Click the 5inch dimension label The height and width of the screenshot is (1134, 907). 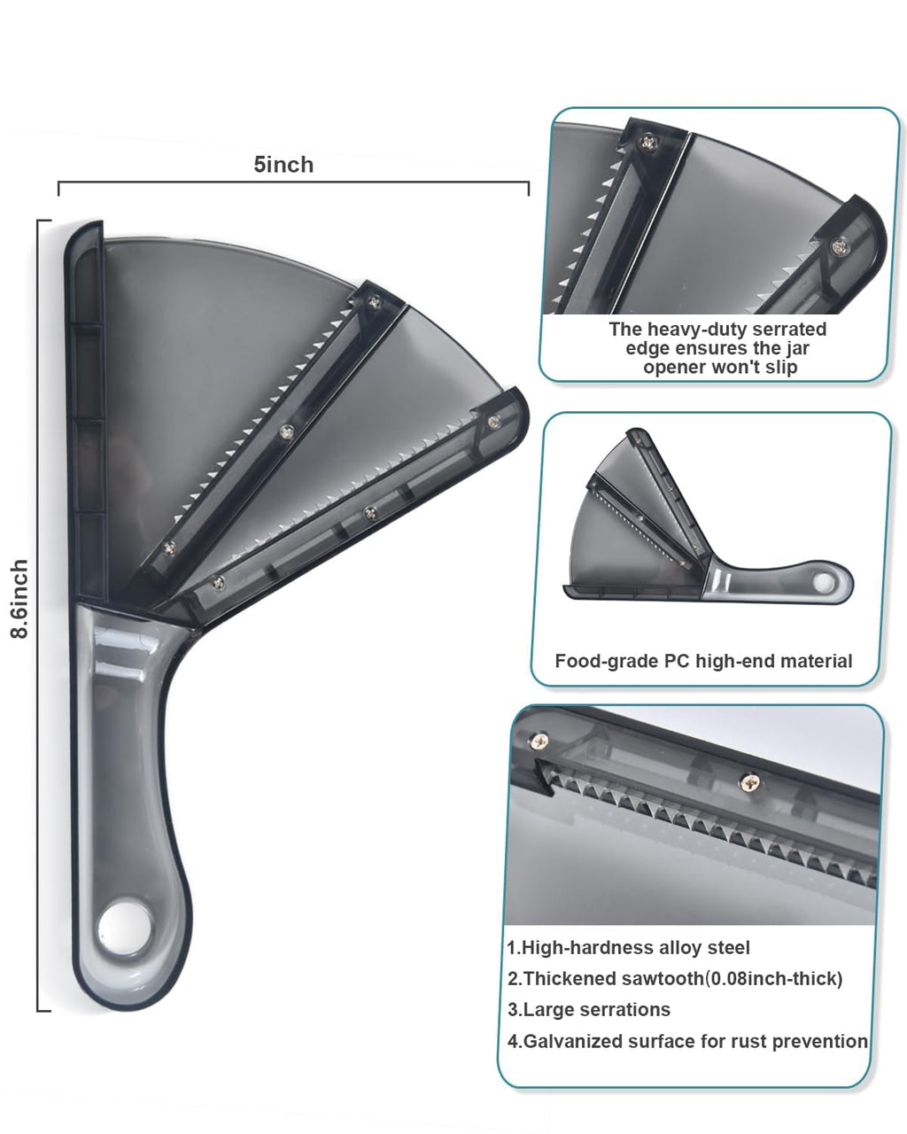coord(283,165)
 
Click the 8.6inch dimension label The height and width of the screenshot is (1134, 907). coord(19,599)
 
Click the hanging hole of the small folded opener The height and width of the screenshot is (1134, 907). coord(824,583)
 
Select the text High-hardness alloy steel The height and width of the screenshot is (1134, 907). coord(628,948)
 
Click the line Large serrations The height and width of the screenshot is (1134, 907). coord(589,1010)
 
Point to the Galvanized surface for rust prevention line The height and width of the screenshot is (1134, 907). coord(687,1041)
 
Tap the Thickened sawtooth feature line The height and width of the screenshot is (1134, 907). coord(675,979)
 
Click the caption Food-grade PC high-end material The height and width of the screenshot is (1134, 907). coord(703,661)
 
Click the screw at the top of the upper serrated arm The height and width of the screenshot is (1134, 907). coord(374,302)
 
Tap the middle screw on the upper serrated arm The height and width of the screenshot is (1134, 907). coord(287,432)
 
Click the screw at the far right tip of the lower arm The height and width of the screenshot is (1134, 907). coord(494,422)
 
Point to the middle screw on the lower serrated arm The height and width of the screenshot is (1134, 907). coord(371,512)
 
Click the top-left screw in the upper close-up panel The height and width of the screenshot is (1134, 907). coord(648,142)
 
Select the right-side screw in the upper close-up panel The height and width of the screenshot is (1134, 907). coord(840,246)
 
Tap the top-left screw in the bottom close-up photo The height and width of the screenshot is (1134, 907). coord(539,741)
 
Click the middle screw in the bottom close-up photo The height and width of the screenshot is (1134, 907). coord(750,782)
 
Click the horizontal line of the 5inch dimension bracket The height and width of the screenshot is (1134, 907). coord(293,182)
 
